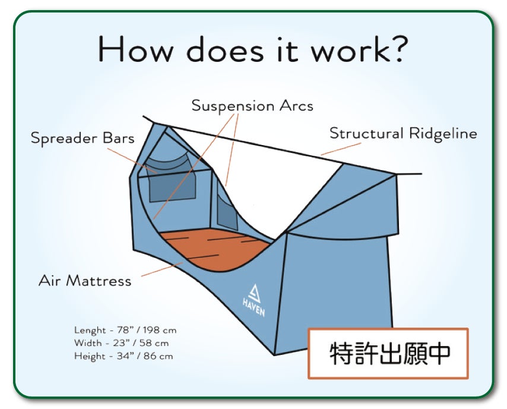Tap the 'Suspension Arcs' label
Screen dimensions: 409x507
(x=252, y=106)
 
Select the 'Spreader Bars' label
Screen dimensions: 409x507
(x=83, y=139)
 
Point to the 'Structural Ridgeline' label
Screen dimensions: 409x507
(x=403, y=133)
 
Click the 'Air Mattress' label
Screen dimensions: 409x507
(x=85, y=281)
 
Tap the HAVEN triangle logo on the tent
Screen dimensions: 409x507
(x=253, y=293)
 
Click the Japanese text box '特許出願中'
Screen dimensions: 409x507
(x=388, y=353)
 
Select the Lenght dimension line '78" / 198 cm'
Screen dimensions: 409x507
(x=125, y=330)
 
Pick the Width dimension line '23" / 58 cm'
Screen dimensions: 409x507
(x=122, y=343)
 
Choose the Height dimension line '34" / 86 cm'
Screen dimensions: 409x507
(x=123, y=356)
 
